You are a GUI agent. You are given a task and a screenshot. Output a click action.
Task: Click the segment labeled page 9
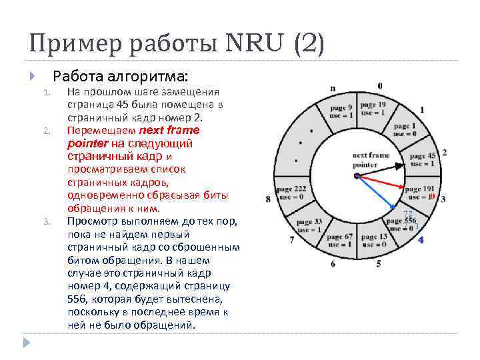[x=341, y=111]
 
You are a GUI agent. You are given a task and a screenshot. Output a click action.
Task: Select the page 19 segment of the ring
[x=372, y=109]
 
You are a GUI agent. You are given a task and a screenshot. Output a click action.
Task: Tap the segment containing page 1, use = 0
[x=404, y=129]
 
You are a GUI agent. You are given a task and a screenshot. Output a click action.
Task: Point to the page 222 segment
[x=291, y=193]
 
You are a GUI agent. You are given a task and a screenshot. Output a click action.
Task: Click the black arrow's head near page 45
[x=401, y=164]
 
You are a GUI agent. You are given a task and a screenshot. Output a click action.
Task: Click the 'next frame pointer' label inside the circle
[x=371, y=159]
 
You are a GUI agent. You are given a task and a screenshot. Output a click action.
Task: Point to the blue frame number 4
[x=421, y=239]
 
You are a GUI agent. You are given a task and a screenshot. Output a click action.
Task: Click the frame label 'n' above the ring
[x=333, y=87]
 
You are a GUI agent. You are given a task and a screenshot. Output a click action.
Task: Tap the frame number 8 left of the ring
[x=268, y=199]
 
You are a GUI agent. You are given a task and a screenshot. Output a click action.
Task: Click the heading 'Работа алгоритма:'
[x=121, y=75]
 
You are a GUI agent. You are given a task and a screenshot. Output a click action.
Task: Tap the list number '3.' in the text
[x=47, y=221]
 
